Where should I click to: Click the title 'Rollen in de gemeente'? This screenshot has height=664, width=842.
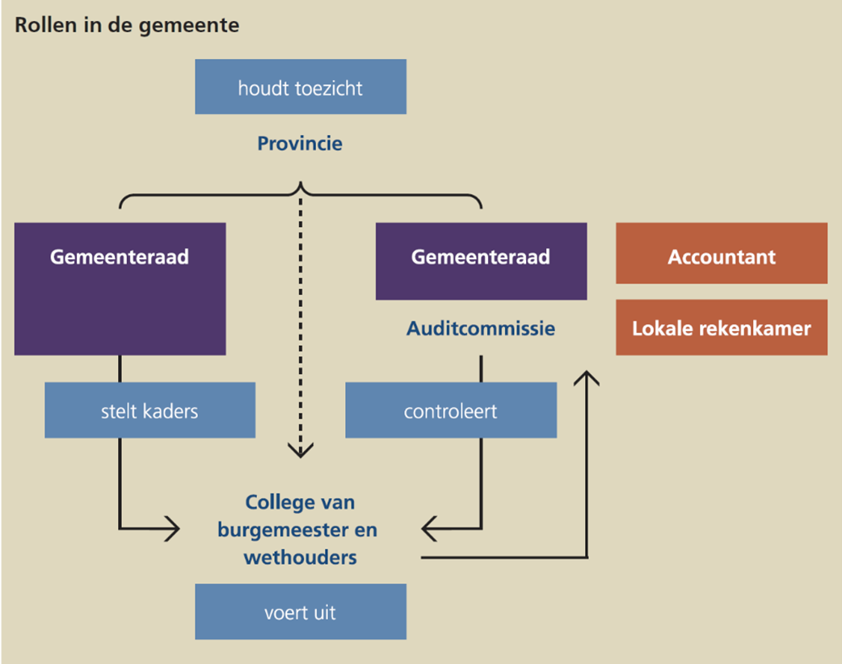pos(127,25)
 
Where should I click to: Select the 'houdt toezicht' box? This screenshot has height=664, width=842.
pos(300,87)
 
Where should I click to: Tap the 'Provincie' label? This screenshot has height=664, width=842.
pos(300,144)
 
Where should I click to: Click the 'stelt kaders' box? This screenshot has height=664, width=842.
pos(149,410)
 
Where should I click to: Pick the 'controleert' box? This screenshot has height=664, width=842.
pos(450,410)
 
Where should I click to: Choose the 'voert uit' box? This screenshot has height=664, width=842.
pos(300,612)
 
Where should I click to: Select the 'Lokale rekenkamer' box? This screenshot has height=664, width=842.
pos(721,327)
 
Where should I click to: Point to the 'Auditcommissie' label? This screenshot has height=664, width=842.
pos(481,329)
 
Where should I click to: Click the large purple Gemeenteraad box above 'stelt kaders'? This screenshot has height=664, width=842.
pos(120,288)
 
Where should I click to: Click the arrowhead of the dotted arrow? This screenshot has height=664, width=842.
pos(301,451)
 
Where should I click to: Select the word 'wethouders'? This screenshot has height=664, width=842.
pos(300,557)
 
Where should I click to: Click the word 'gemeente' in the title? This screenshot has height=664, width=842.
pos(201,25)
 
